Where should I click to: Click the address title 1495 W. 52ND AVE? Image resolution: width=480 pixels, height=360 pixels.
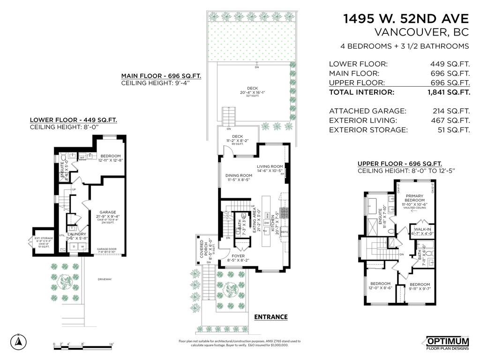[406, 18]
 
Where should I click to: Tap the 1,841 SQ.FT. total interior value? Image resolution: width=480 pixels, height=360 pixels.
[449, 92]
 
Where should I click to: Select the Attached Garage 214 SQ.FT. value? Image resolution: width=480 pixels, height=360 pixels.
[451, 111]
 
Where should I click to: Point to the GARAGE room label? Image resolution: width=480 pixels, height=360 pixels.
[108, 212]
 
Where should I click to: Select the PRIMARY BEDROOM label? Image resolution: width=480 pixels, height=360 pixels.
[414, 198]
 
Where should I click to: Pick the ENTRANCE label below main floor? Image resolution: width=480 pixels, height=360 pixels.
[270, 317]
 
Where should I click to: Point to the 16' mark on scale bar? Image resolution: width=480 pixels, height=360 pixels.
[111, 345]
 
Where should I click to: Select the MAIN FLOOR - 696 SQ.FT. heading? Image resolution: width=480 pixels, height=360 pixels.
[161, 76]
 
